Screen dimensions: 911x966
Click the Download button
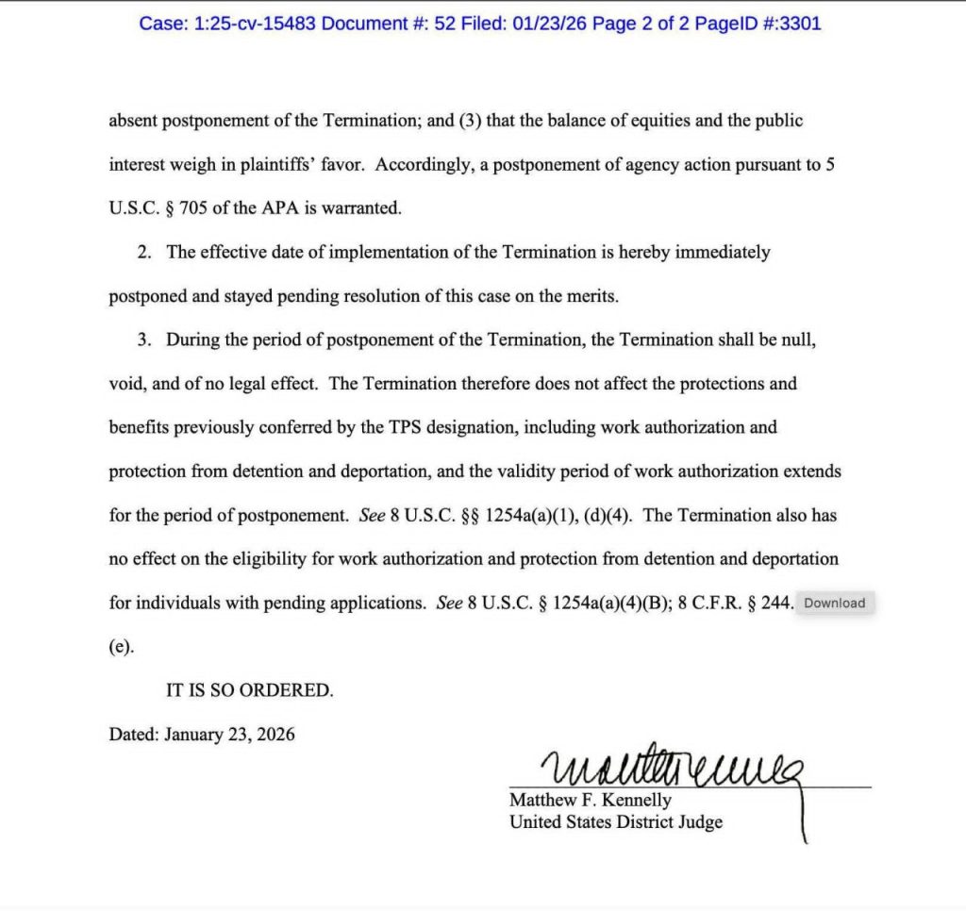click(835, 604)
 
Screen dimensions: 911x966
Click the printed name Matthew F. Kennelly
click(591, 800)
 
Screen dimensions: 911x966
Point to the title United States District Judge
click(616, 821)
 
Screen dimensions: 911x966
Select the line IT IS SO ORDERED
click(250, 690)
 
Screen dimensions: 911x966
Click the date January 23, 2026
click(229, 734)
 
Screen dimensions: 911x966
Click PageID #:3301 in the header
click(758, 24)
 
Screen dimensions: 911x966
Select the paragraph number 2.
click(144, 253)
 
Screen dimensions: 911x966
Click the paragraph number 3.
click(144, 340)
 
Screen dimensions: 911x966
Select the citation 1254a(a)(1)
click(532, 516)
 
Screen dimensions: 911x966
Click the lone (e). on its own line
click(122, 647)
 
